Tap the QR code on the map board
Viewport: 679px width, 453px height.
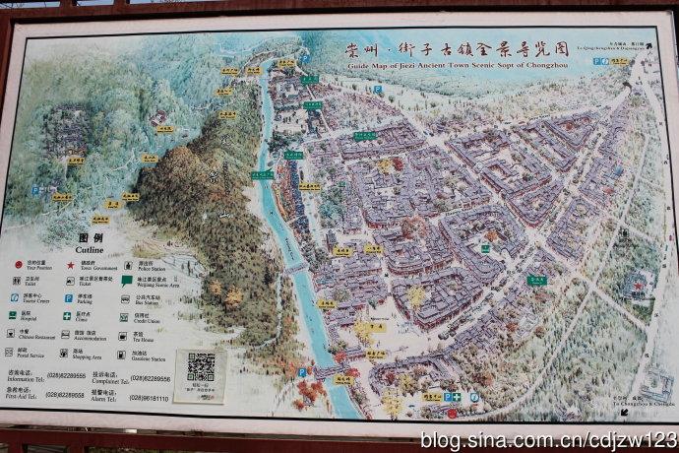coord(201,366)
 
